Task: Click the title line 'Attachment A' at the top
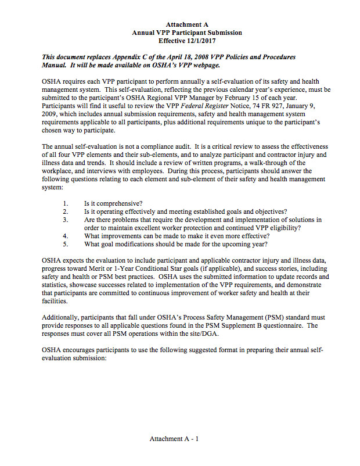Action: point(187,24)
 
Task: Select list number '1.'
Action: point(66,203)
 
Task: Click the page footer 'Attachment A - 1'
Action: point(174,439)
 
